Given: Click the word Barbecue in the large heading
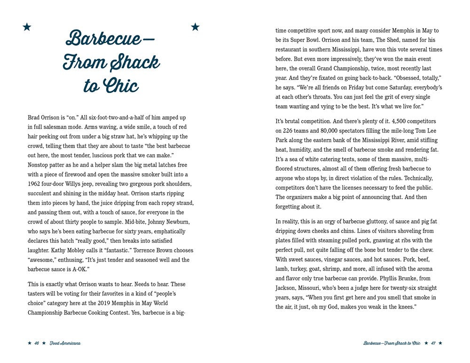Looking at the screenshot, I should click(103, 38).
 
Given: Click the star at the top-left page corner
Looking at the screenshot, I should click(27, 27).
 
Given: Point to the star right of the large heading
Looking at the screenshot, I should click(195, 27).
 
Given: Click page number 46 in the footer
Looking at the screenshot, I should click(36, 343).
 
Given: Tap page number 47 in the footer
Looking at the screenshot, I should click(433, 343).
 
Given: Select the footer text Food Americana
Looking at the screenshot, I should click(64, 343).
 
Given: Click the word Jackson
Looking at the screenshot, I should click(287, 288).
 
